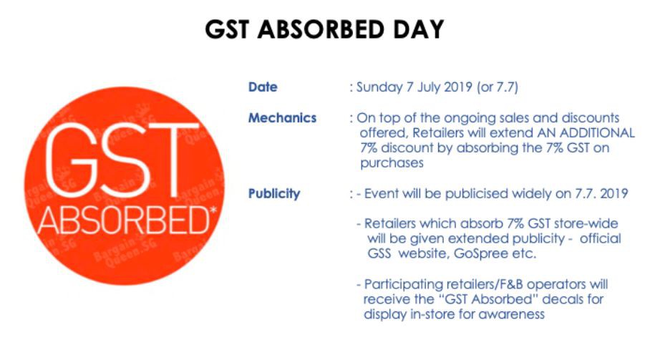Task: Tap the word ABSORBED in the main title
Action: point(321,29)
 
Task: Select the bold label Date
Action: point(263,87)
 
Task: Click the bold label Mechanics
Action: point(282,118)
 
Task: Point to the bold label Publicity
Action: point(274,194)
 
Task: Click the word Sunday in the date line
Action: point(379,87)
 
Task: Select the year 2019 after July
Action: point(458,87)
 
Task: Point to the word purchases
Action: point(392,163)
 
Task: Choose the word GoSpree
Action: point(481,254)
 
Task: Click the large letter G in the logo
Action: point(69,160)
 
